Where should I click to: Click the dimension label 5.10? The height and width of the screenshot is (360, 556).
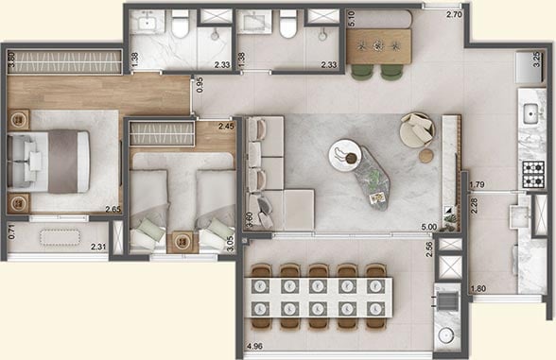352,19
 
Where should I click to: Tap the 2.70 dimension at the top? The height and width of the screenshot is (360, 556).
454,15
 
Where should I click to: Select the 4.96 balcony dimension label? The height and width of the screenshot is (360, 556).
254,346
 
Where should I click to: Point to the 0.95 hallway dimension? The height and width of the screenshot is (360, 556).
200,85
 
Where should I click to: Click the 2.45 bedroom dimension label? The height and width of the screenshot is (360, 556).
226,126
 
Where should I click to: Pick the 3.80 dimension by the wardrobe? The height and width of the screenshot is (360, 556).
11,60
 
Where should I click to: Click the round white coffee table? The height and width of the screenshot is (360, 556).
344,156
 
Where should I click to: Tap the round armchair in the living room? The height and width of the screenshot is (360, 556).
417,129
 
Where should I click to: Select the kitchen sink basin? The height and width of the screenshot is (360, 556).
530,113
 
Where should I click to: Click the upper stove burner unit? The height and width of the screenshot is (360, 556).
533,166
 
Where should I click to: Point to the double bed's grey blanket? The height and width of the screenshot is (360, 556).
63,162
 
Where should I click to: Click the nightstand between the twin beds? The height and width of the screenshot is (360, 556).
183,242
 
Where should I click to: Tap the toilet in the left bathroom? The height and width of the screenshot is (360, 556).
180,24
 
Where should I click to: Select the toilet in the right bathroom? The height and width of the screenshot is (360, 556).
287,24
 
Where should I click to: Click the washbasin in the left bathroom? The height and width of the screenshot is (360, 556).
147,22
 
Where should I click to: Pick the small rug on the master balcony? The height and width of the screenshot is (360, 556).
60,237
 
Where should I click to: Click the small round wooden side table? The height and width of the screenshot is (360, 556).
426,156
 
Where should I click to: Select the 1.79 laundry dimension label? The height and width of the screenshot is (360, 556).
478,184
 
